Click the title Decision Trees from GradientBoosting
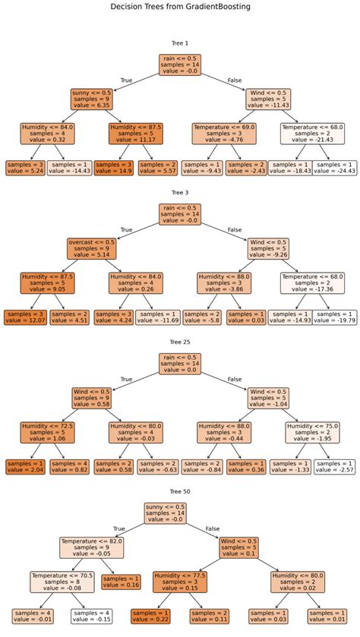tap(180, 7)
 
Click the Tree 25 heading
tap(180, 343)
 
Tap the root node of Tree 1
tap(180, 65)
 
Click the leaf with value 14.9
tap(114, 168)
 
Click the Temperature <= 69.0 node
tap(223, 134)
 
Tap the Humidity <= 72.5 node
tap(47, 433)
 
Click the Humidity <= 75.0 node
tap(312, 433)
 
